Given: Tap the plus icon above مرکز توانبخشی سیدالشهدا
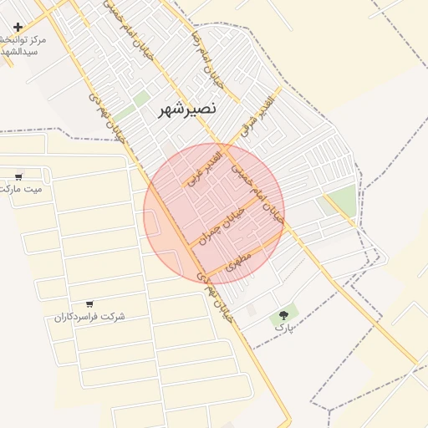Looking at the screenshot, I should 18,28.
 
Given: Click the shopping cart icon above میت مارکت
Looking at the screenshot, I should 18,176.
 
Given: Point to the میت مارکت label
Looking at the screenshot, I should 21,189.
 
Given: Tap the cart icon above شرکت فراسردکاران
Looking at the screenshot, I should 89,304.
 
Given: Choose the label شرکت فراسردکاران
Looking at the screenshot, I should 89,317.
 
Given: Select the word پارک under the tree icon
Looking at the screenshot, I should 284,329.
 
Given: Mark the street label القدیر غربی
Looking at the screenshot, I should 206,167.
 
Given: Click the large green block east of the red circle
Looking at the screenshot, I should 340,201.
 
